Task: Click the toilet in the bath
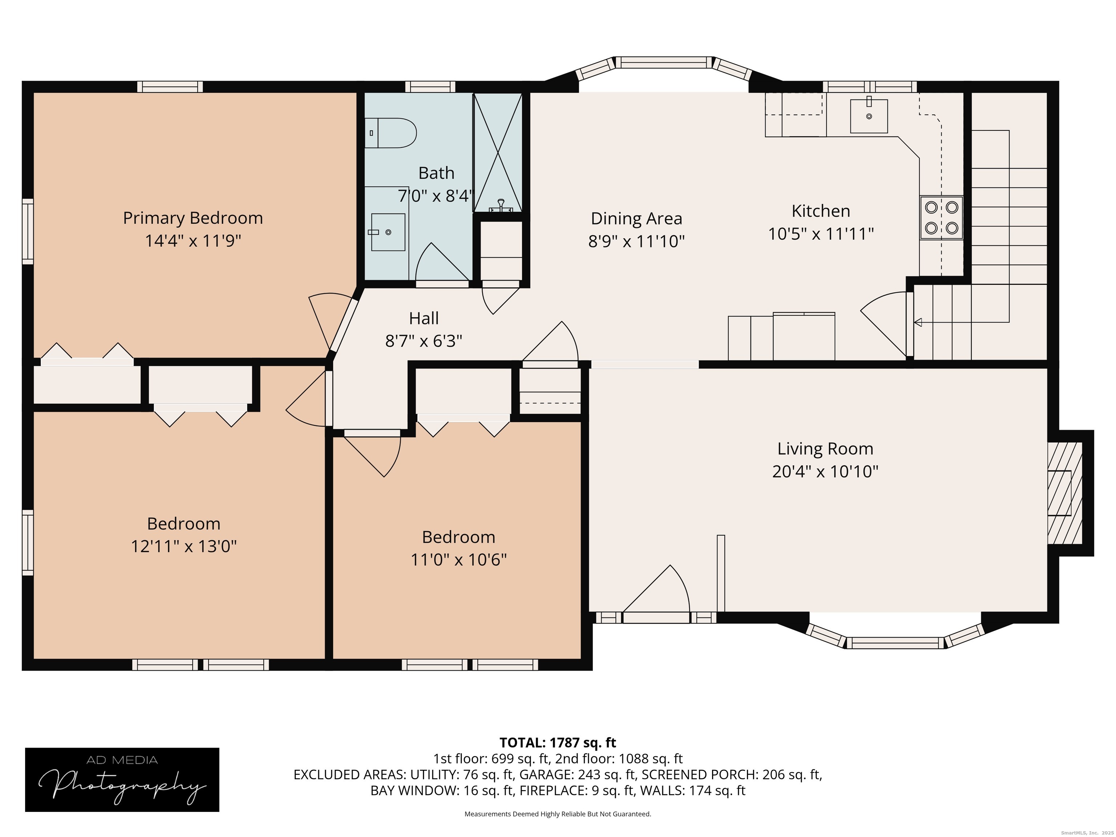pyautogui.click(x=391, y=133)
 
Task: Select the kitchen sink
pyautogui.click(x=869, y=116)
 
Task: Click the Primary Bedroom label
pyautogui.click(x=193, y=218)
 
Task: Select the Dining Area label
pyautogui.click(x=637, y=218)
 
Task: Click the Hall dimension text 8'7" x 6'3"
pyautogui.click(x=424, y=341)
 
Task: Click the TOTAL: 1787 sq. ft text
pyautogui.click(x=558, y=743)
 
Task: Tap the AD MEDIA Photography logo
pyautogui.click(x=122, y=780)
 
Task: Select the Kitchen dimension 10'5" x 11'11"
pyautogui.click(x=821, y=234)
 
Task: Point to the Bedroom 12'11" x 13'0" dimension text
pyautogui.click(x=184, y=546)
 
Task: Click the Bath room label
pyautogui.click(x=436, y=173)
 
